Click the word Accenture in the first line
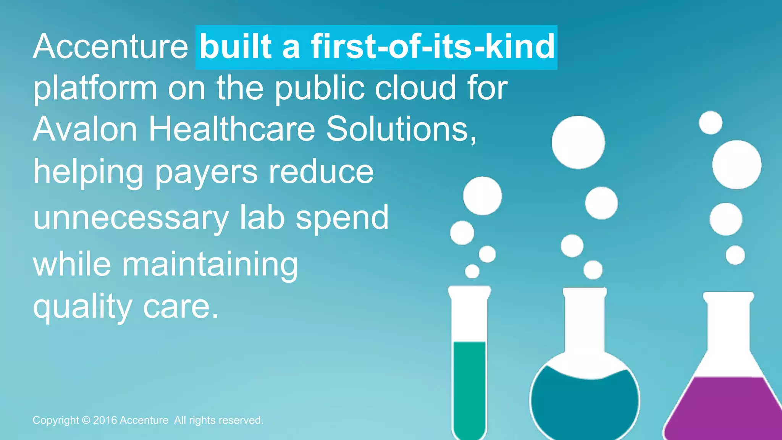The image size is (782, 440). coord(110,47)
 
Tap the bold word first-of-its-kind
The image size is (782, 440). coord(433,47)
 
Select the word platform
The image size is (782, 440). coord(95,89)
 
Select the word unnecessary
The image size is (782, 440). coord(131,218)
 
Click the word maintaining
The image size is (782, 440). coord(210,264)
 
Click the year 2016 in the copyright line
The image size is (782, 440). coord(105,420)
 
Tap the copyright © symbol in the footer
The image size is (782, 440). coord(86,420)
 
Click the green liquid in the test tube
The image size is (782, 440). coord(469,386)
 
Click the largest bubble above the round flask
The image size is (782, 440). coord(578,142)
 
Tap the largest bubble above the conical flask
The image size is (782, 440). coord(737,165)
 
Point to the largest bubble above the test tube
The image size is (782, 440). coord(482,196)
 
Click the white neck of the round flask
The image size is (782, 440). coord(585,321)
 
